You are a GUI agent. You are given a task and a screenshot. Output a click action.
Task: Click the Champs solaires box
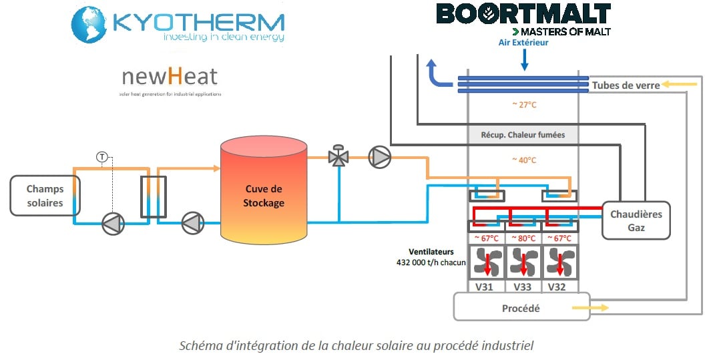click(45, 196)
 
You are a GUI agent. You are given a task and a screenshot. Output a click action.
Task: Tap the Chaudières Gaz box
click(637, 220)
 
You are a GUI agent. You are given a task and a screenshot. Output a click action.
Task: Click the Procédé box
click(521, 308)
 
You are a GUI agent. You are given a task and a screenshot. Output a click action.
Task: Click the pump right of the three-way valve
click(381, 157)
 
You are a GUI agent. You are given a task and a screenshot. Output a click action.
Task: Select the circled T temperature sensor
click(102, 157)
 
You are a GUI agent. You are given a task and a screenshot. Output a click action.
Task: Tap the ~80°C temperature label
click(523, 238)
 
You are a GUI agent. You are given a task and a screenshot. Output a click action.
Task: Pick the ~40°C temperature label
click(523, 160)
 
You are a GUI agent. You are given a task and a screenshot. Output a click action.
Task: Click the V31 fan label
click(485, 287)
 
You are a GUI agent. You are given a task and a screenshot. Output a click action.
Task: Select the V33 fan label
click(523, 287)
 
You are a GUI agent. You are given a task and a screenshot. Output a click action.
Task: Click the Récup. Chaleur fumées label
click(523, 135)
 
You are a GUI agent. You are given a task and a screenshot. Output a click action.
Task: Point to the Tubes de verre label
click(626, 85)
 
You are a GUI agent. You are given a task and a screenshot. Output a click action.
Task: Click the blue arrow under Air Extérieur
click(524, 61)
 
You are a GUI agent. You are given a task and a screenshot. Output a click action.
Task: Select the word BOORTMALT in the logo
click(523, 14)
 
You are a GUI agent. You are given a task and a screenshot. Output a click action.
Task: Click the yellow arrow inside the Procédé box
click(590, 308)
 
